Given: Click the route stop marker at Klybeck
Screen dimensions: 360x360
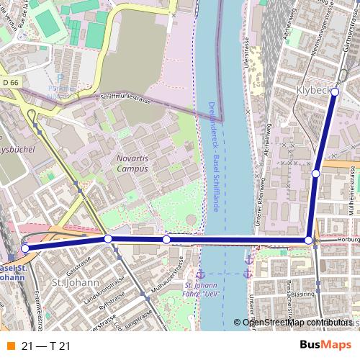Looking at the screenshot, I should [x=335, y=91].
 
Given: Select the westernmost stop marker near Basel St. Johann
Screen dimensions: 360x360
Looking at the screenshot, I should [x=25, y=248].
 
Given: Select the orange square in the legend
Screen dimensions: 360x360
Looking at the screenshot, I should [x=9, y=346].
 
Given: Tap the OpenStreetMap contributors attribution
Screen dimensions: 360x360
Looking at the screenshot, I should [x=297, y=323].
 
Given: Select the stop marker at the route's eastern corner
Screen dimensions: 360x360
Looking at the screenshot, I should [x=309, y=240].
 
